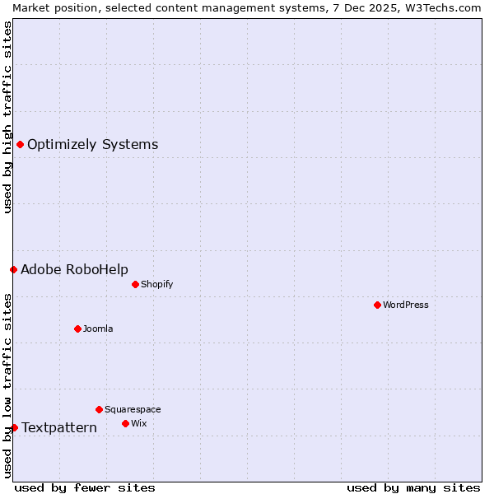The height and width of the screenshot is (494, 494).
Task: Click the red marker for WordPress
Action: pyautogui.click(x=377, y=305)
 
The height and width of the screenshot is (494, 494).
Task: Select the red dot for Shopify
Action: pyautogui.click(x=135, y=284)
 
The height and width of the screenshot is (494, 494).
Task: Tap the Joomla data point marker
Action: pyautogui.click(x=77, y=329)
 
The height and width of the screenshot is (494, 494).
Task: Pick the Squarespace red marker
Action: pyautogui.click(x=99, y=409)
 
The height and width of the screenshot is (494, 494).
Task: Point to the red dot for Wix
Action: pyautogui.click(x=125, y=423)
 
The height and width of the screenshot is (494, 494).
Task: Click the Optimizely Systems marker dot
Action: pyautogui.click(x=20, y=145)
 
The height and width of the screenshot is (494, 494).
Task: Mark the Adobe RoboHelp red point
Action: pyautogui.click(x=13, y=269)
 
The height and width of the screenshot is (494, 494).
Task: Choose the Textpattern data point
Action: pyautogui.click(x=14, y=427)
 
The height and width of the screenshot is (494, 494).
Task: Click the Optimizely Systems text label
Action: pyautogui.click(x=92, y=145)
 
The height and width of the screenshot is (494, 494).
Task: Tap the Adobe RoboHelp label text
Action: pyautogui.click(x=74, y=269)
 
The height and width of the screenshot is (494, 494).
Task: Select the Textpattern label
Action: pyautogui.click(x=59, y=427)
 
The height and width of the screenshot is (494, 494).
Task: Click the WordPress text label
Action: pyautogui.click(x=406, y=305)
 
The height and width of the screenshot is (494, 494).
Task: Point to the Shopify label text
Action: pyautogui.click(x=156, y=284)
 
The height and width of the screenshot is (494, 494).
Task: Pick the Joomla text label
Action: pyautogui.click(x=98, y=329)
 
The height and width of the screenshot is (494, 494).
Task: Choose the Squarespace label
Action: pyautogui.click(x=133, y=409)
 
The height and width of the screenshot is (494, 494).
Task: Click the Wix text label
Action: pyautogui.click(x=138, y=423)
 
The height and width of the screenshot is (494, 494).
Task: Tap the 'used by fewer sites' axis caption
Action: pyautogui.click(x=85, y=487)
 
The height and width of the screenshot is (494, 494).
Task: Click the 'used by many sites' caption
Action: pyautogui.click(x=413, y=487)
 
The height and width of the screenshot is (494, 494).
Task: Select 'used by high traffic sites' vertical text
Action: pyautogui.click(x=7, y=117)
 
